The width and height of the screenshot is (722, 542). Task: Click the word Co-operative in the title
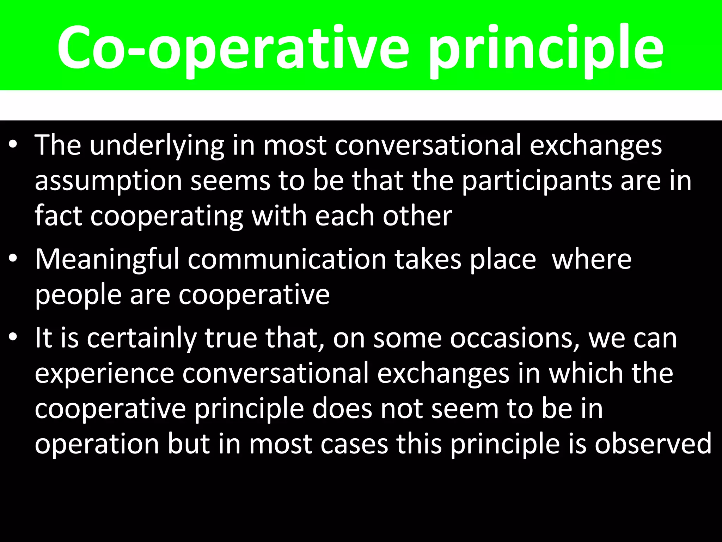[233, 48]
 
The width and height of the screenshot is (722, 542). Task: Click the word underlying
[157, 146]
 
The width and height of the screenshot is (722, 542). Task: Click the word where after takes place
[592, 259]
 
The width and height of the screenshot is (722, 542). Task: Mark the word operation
[97, 445]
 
